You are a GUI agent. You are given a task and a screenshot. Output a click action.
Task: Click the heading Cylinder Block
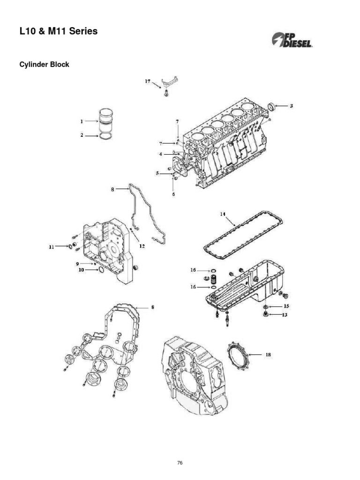(44, 64)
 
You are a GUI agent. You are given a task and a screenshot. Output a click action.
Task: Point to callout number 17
(147, 81)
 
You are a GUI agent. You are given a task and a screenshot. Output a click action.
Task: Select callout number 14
(223, 214)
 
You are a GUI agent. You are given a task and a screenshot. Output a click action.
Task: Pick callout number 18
(268, 355)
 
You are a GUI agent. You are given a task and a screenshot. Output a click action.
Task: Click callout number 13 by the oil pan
(285, 315)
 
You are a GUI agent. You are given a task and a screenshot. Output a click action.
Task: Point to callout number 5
(158, 173)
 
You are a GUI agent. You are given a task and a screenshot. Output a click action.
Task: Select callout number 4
(161, 153)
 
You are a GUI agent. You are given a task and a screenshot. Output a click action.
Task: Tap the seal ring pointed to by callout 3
(270, 107)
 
